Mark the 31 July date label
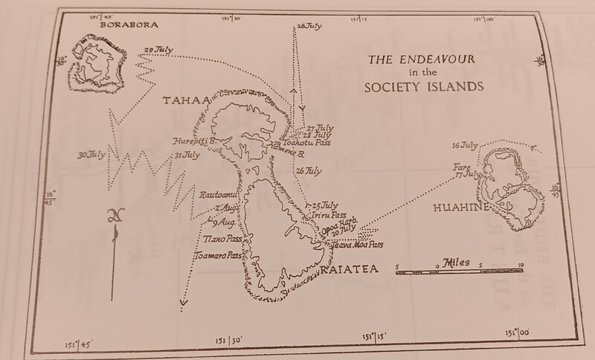point(187,155)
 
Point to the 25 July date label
point(326,205)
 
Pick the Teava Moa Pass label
point(356,244)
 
